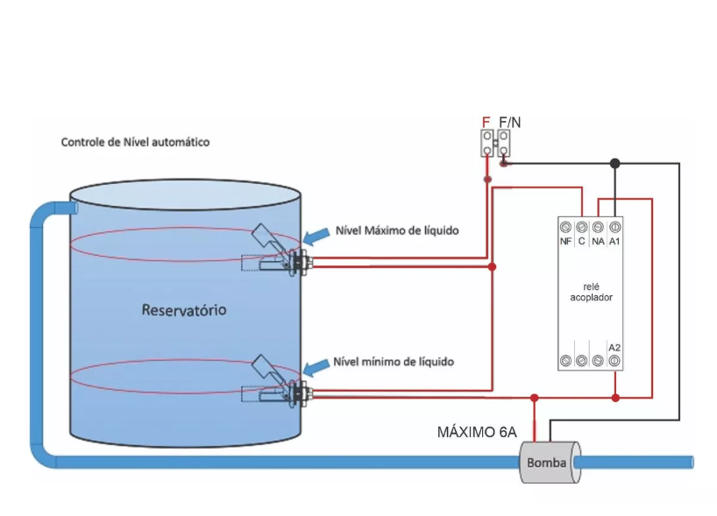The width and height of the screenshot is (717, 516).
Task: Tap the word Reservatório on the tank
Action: (184, 310)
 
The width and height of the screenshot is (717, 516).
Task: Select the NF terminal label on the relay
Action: (565, 241)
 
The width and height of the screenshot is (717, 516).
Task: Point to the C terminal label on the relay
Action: (582, 241)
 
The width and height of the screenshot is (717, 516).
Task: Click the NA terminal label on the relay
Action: (598, 241)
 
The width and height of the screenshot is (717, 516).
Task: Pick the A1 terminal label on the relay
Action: (614, 241)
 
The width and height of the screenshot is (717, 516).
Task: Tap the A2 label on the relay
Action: (614, 348)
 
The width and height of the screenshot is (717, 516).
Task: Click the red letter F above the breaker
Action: (486, 122)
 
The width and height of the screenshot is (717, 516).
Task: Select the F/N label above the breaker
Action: (510, 122)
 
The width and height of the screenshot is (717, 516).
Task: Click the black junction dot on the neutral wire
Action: (615, 163)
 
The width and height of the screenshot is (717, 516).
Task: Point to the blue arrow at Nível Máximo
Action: (316, 237)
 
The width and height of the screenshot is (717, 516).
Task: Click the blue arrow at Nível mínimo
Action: (316, 366)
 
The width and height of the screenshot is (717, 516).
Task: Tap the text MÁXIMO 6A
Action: (477, 433)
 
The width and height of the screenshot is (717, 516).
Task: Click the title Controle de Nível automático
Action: (135, 142)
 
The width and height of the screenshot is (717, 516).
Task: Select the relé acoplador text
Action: (592, 292)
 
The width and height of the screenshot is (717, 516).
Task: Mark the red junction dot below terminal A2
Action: (615, 398)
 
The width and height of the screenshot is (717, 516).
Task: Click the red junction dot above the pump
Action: (534, 398)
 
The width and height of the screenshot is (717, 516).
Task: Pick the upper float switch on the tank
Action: (277, 251)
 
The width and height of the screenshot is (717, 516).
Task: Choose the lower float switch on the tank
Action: (277, 382)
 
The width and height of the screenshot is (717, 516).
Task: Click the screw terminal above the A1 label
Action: (614, 227)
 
